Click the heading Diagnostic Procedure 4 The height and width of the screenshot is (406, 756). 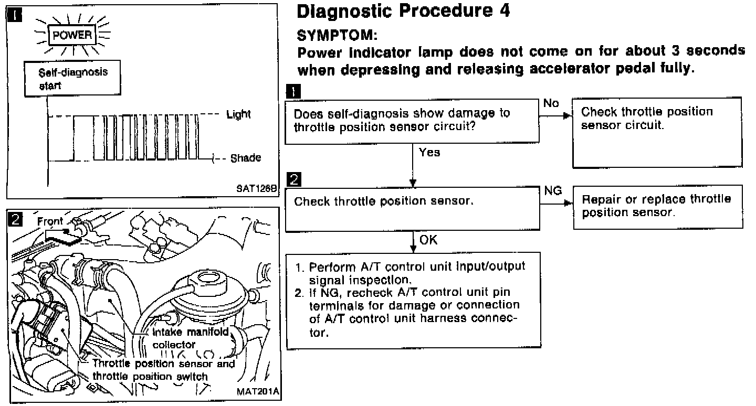click(403, 12)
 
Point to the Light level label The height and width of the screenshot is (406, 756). click(238, 114)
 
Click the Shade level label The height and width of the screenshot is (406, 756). click(245, 158)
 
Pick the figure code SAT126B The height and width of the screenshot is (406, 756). click(256, 189)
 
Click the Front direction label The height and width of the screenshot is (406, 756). click(50, 221)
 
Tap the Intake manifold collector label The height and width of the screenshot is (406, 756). click(190, 338)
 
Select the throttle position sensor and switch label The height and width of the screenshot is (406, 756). click(163, 370)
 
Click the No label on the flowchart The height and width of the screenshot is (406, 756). click(551, 103)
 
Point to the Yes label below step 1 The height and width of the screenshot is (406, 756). click(429, 153)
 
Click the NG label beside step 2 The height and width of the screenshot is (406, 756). click(553, 191)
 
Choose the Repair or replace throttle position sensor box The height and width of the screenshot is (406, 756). click(658, 207)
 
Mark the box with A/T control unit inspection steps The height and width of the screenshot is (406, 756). click(413, 300)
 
